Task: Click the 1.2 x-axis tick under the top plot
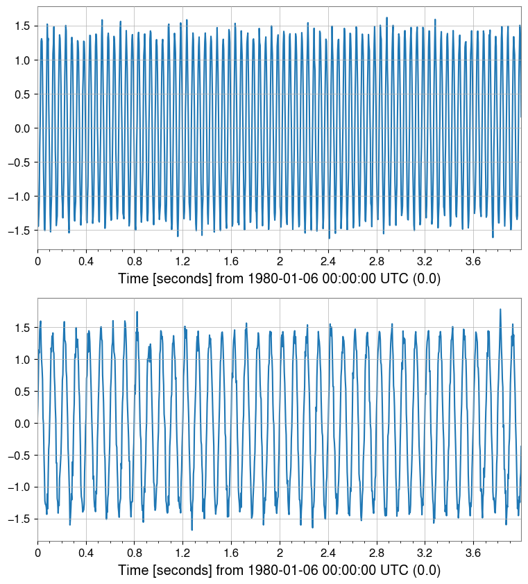tap(183, 261)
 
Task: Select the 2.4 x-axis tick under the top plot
tap(328, 261)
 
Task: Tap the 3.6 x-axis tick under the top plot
tap(473, 261)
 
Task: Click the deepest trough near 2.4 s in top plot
tap(329, 238)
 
